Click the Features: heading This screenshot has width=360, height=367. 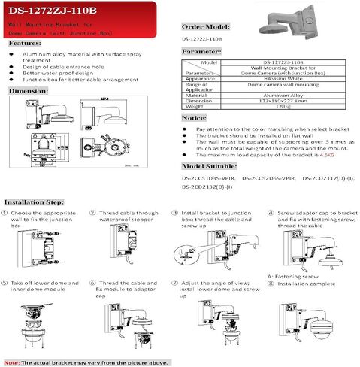pyautogui.click(x=25, y=44)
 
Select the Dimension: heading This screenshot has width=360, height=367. pyautogui.click(x=29, y=90)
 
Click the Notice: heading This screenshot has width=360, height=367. pyautogui.click(x=196, y=119)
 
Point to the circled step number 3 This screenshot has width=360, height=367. pyautogui.click(x=175, y=214)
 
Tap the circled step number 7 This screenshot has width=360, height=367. pyautogui.click(x=175, y=283)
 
